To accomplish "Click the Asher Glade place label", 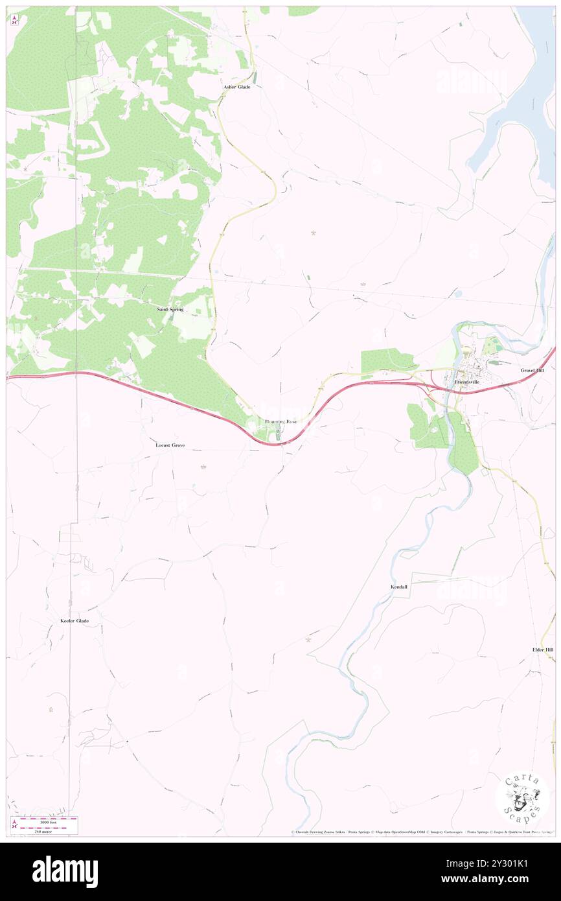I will [236, 87].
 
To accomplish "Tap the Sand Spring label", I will [170, 310].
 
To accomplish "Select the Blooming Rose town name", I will [280, 422].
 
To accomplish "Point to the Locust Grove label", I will [170, 445].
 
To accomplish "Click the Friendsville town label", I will [466, 382].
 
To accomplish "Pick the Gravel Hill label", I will [532, 370].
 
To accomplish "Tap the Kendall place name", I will [399, 587].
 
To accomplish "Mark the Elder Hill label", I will [542, 649].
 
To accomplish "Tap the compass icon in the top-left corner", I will [14, 19].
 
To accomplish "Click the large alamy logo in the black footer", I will [65, 871].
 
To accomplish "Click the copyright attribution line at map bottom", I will [421, 832].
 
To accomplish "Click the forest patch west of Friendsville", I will [386, 360].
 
